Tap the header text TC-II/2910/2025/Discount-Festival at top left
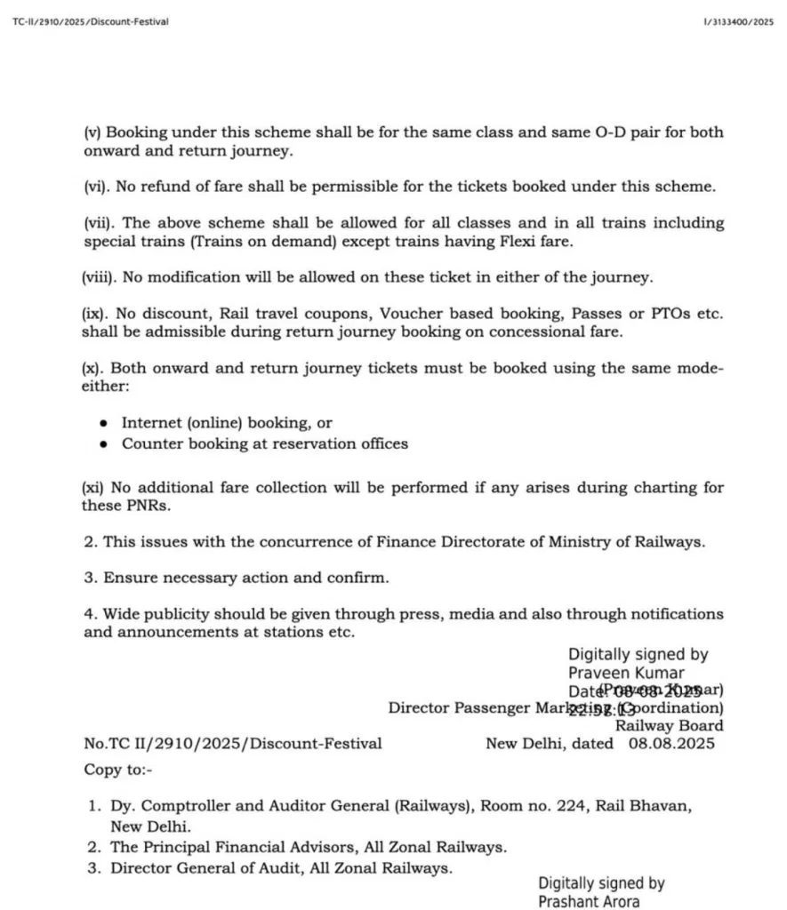coord(91,21)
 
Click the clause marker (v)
coord(92,132)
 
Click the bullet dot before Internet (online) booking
coord(105,424)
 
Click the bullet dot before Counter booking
coord(105,443)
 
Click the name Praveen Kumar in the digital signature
coord(627,673)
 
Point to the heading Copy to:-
coord(118,769)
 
